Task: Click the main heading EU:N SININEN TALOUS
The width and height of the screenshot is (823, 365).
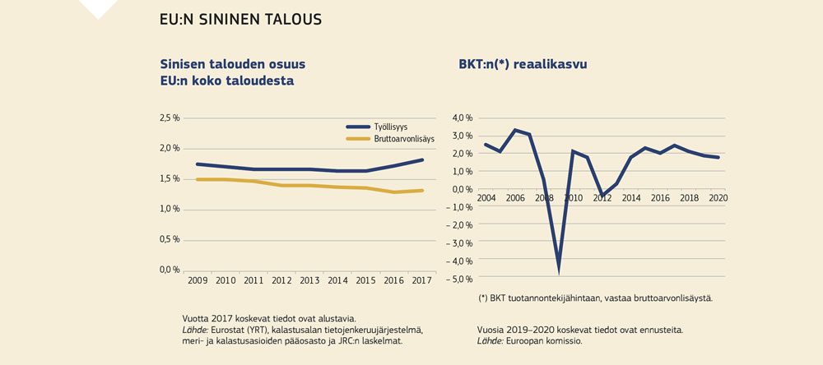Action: [240, 18]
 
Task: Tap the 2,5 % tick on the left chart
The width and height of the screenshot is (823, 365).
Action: [169, 118]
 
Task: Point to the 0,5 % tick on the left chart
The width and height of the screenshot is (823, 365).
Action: [169, 239]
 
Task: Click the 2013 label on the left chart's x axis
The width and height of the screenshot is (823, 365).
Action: [310, 281]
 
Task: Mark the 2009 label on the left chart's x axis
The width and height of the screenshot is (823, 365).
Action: [197, 281]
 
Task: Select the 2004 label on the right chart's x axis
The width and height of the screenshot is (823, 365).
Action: [486, 198]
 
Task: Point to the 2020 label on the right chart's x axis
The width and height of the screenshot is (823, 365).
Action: [718, 198]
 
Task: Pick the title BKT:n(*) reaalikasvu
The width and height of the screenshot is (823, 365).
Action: [523, 63]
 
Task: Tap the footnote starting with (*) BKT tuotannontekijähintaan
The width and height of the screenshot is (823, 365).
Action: [595, 298]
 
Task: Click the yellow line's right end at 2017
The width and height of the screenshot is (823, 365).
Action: [423, 191]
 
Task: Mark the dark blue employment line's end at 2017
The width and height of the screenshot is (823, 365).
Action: [423, 159]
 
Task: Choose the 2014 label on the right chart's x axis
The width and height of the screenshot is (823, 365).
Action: [631, 198]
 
